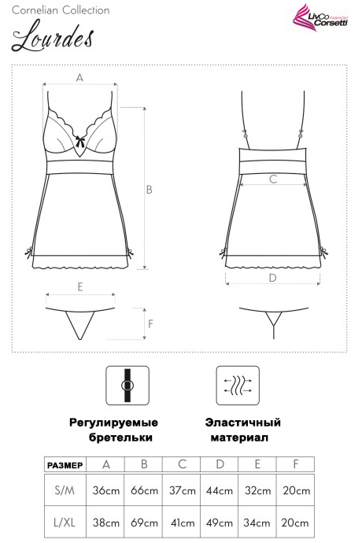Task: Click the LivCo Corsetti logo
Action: point(320,18)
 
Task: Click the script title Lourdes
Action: point(53,36)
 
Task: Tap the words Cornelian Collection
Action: point(61,10)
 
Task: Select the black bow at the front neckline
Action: point(80,141)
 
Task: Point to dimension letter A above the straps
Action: point(79,78)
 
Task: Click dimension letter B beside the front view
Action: point(150,190)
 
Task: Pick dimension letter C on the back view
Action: point(273,179)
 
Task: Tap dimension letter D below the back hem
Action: point(272,278)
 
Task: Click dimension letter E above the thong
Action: point(80,286)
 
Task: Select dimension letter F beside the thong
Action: point(150,323)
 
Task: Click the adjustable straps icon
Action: point(127,385)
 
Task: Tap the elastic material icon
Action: point(238,385)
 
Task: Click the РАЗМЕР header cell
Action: point(65,465)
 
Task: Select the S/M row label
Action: point(65,490)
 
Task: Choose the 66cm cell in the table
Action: point(144,490)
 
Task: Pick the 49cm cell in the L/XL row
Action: point(220,523)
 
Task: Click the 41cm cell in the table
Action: point(183,523)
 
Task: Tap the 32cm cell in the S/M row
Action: point(257,490)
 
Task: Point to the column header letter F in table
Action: point(295,464)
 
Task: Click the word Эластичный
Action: point(242,423)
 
